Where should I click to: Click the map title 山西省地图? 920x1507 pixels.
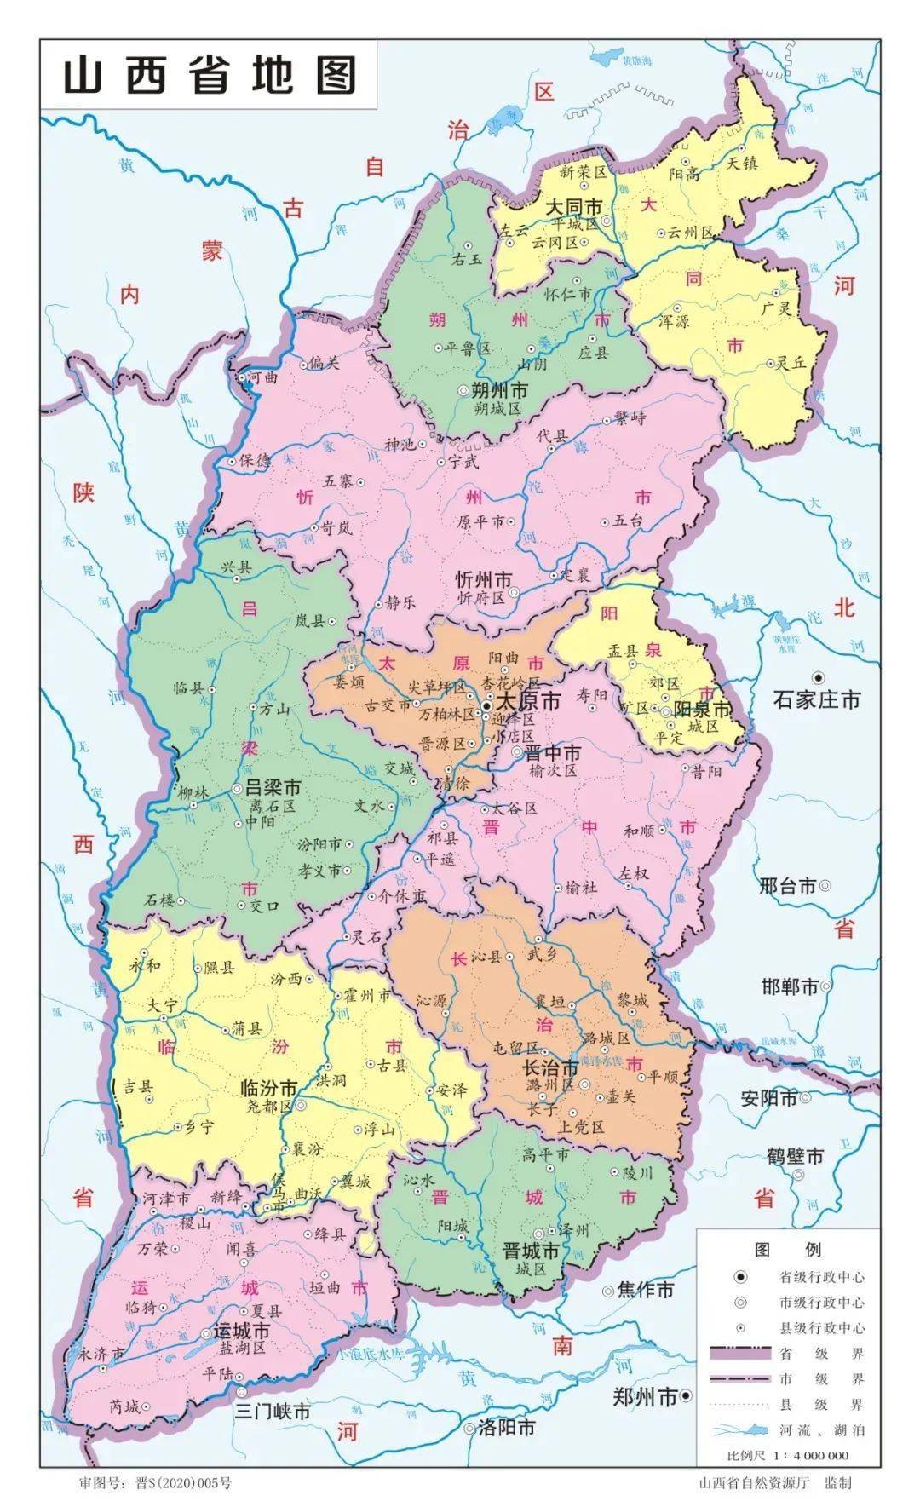click(209, 77)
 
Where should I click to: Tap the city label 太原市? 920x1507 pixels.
click(528, 702)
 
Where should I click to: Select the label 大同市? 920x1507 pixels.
click(573, 207)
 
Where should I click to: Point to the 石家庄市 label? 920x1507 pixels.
click(817, 699)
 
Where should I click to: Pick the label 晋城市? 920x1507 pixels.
click(531, 1251)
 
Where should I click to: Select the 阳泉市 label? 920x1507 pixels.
click(702, 709)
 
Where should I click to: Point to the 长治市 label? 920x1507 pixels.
click(550, 1067)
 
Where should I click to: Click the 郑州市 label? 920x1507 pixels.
click(645, 1396)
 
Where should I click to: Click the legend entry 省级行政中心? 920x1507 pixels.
click(821, 1277)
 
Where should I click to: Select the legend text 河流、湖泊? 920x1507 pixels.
click(821, 1430)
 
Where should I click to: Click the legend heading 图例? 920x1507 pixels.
click(787, 1250)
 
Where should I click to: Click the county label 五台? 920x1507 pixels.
click(628, 521)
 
